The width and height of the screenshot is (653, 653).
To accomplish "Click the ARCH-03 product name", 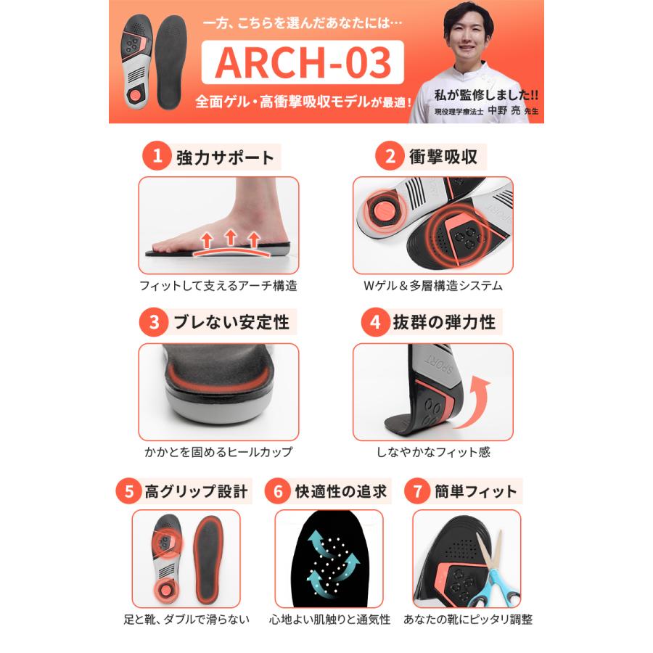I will click(x=303, y=63).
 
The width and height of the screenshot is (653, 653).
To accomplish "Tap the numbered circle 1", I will click(x=155, y=156).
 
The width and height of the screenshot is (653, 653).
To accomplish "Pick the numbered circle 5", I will click(x=128, y=491).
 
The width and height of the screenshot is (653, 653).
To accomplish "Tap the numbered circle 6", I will click(x=277, y=491).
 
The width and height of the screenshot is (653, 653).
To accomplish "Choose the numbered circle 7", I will click(x=417, y=491).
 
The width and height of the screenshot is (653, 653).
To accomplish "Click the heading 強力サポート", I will click(x=225, y=157).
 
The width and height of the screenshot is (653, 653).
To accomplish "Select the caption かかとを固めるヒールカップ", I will click(x=218, y=452).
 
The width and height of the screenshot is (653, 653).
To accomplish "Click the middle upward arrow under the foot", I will click(x=230, y=237).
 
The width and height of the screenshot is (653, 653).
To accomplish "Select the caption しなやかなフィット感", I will click(x=433, y=452).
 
